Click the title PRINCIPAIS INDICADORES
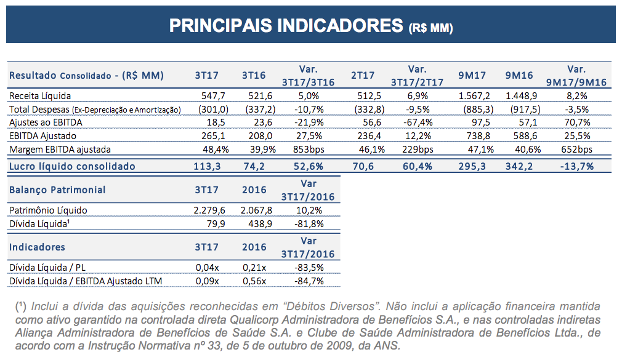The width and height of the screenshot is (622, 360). (286, 26)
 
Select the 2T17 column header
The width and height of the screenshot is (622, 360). (363, 75)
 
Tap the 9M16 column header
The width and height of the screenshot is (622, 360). (519, 75)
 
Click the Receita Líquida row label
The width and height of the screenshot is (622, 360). (40, 96)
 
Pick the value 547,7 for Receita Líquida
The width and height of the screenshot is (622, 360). (213, 96)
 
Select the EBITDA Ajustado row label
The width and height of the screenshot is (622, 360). (43, 136)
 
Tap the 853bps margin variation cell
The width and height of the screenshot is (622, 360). (309, 150)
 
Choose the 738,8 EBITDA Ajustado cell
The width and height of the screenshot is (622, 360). (478, 136)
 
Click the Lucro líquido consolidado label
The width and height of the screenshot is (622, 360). (72, 167)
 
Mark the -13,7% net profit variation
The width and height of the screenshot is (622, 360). (577, 167)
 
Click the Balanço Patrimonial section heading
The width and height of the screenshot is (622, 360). (57, 190)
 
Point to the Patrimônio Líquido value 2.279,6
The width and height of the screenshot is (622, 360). (209, 210)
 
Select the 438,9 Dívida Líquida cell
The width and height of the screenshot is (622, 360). (261, 224)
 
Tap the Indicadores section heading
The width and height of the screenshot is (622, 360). (37, 247)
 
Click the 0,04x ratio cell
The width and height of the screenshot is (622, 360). (208, 268)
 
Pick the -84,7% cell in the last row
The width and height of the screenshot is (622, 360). (309, 281)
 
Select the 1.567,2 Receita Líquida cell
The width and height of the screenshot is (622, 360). (474, 96)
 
